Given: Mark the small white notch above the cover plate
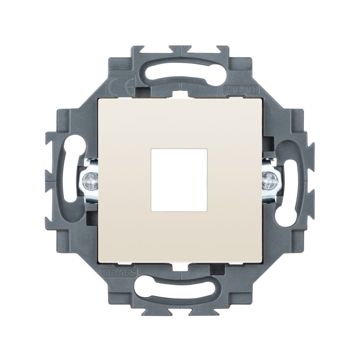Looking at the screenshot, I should pos(180,95).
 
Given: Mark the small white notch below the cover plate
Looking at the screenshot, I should pos(180,265).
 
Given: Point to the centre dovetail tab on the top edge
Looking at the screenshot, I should pos(180,49).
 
